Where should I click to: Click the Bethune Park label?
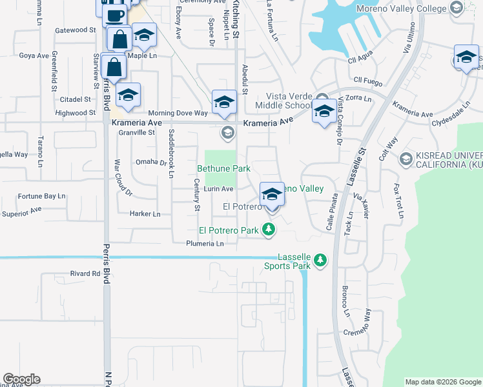pos(223,168)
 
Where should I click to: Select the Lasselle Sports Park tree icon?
pos(320,261)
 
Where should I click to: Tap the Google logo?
pos(21,379)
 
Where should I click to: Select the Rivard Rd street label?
pos(85,273)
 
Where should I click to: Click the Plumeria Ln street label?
pos(205,244)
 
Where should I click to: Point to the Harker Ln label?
pos(145,213)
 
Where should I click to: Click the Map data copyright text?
pos(443,382)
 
